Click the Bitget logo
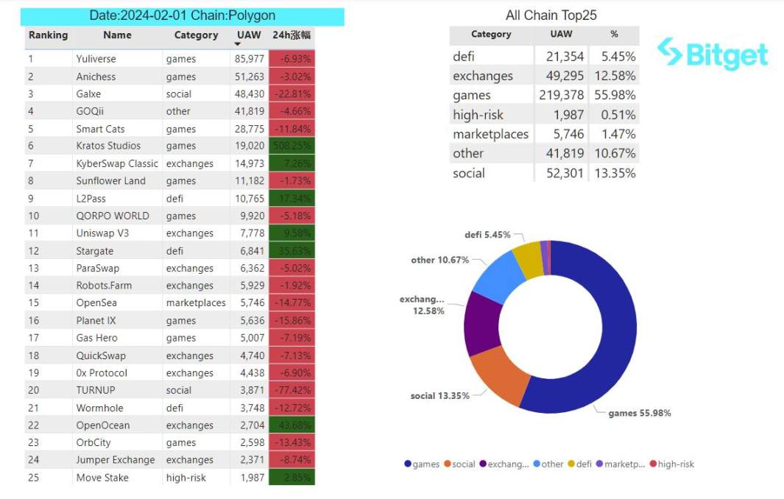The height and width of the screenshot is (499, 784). [712, 54]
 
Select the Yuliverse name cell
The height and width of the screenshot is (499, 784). [96, 59]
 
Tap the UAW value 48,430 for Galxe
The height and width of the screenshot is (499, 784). [250, 94]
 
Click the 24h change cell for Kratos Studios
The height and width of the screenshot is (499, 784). [292, 146]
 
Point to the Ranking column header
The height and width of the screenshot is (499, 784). [48, 35]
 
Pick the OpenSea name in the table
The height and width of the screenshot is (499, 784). [96, 302]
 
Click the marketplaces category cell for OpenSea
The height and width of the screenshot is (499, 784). [196, 302]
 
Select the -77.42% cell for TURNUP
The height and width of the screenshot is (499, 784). [292, 390]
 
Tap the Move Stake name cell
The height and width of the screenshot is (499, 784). [102, 478]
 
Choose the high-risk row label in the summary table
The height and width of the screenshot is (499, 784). [478, 114]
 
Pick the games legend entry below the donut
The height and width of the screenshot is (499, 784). [422, 464]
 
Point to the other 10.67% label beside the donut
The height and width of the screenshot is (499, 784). [440, 260]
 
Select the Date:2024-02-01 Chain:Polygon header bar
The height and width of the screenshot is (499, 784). [183, 15]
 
